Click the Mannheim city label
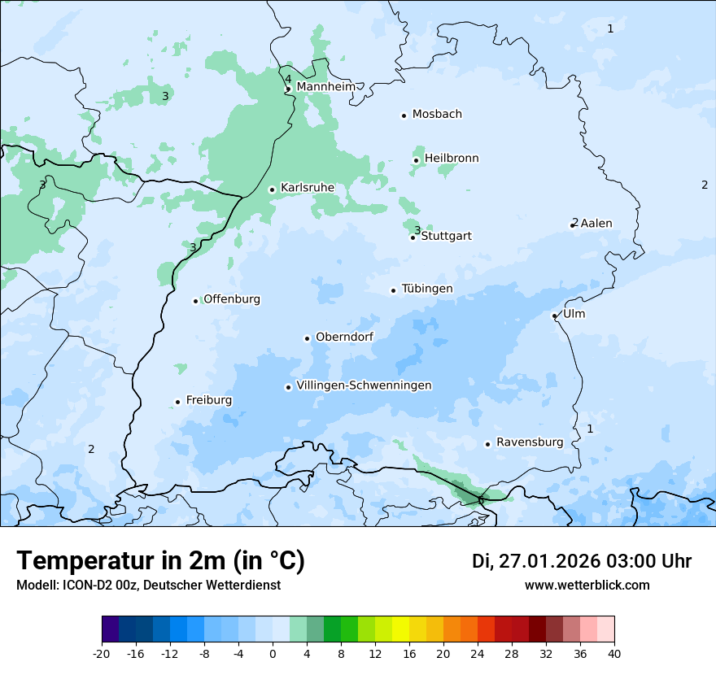coord(325,87)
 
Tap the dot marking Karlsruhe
coord(273,189)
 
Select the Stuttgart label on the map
coord(446,237)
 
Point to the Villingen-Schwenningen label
coord(364,385)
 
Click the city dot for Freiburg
coord(177,402)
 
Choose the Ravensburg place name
coord(529,442)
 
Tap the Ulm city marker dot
coord(554,316)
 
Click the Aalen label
coord(596,224)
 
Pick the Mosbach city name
coord(437,115)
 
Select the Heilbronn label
coord(452,159)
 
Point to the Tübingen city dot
coord(393,290)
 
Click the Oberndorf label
coord(344,337)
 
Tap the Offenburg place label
coord(232,299)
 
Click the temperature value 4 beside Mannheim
coord(288,79)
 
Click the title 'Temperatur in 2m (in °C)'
coord(160,561)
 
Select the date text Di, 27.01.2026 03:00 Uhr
coord(582,561)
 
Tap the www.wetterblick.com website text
coord(587,586)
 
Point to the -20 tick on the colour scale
coord(102,653)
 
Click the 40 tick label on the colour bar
coord(614,653)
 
